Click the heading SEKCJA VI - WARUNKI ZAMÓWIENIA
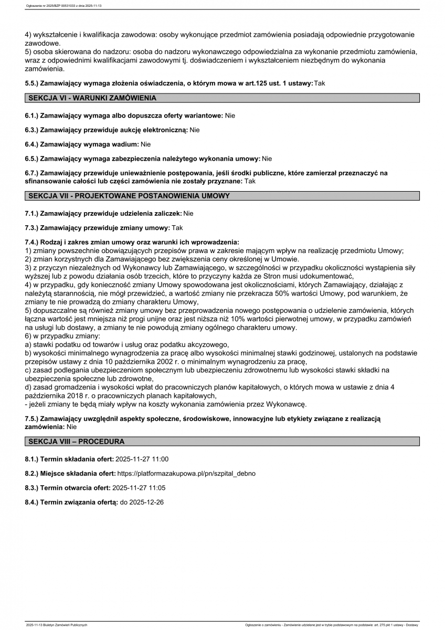[92, 98]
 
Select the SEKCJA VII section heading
[129, 196]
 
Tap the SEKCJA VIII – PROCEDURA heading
[77, 442]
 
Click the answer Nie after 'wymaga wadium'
[145, 144]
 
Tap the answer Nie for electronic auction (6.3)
[195, 130]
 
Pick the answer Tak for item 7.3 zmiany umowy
[177, 228]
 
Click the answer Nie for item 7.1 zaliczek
[188, 214]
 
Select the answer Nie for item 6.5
[267, 159]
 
